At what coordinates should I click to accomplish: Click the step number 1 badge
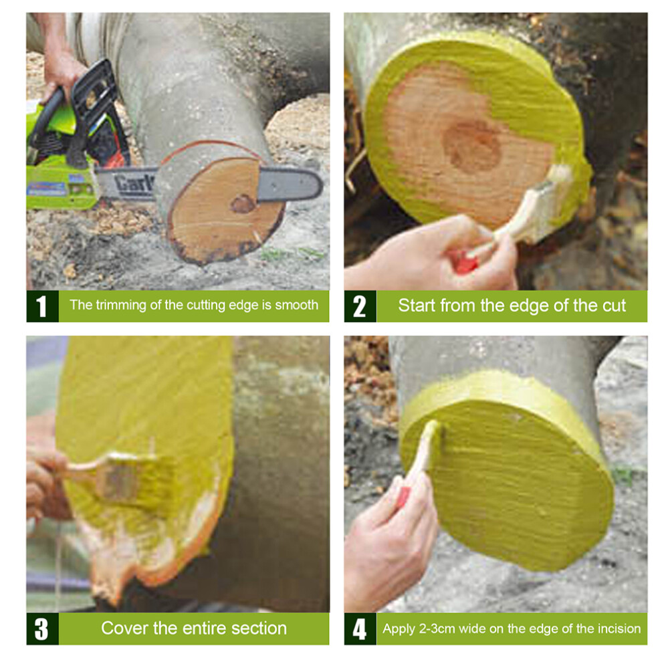pos(42,306)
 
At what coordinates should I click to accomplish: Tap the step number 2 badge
pos(360,306)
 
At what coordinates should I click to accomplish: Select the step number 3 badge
pos(42,629)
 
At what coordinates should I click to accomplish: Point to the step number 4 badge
pos(360,629)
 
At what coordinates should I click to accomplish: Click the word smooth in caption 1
pos(296,305)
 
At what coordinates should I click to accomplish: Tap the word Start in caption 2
pos(415,305)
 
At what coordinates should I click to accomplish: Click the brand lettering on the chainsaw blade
pos(134,184)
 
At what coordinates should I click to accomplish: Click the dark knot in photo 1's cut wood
pos(242,204)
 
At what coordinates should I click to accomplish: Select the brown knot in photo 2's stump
pos(473,146)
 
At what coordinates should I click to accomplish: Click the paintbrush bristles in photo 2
pos(549,203)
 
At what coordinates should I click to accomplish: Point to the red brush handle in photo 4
pos(404,498)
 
